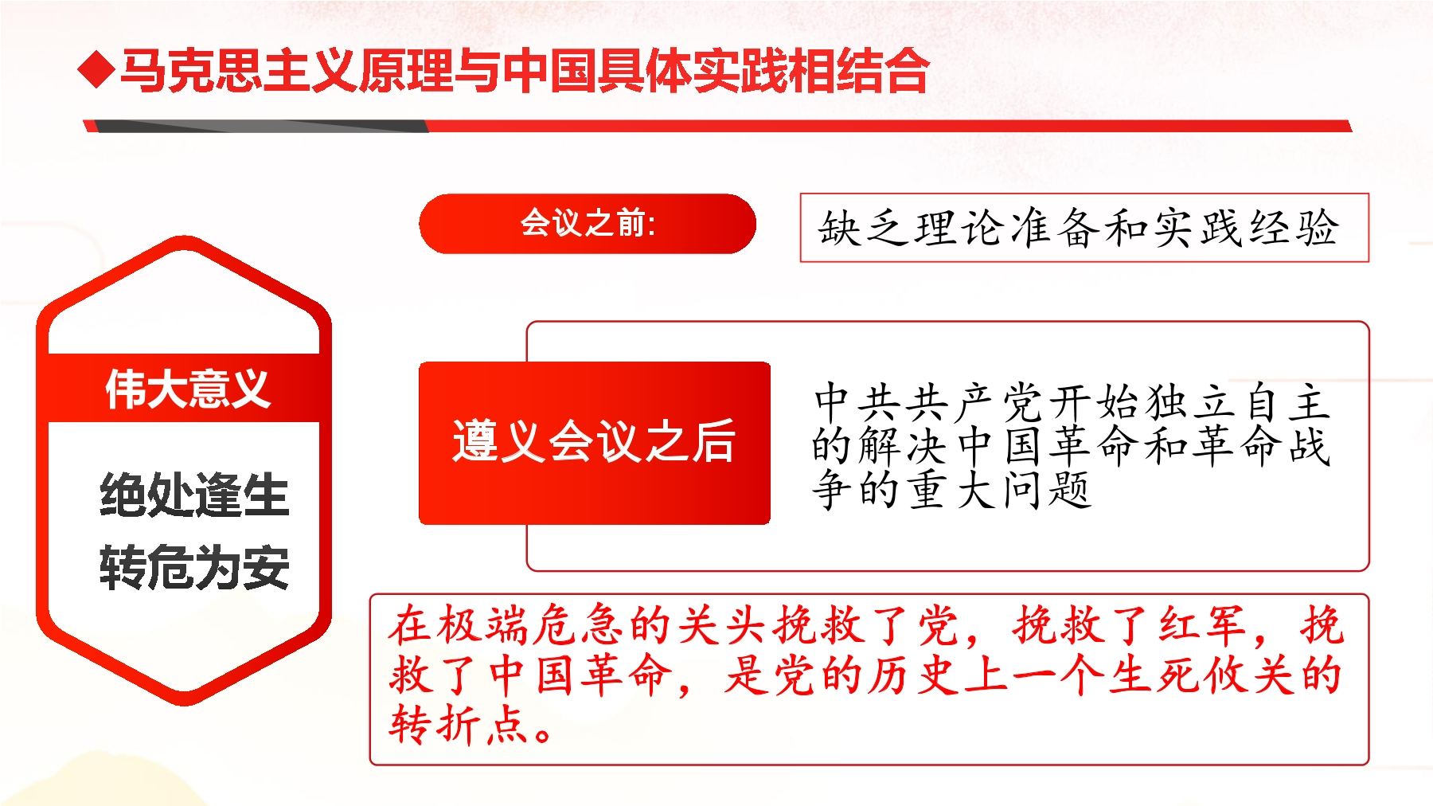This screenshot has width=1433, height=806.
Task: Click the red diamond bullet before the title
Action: tap(96, 69)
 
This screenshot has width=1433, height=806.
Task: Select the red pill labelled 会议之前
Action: tap(588, 224)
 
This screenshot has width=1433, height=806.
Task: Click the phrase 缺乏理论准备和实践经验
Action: tap(1079, 228)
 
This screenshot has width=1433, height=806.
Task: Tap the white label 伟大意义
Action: tap(188, 389)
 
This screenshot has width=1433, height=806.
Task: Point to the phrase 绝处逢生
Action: tap(194, 494)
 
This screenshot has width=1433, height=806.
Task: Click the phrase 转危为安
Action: tap(194, 567)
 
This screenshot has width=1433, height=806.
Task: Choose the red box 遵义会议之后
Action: tap(595, 443)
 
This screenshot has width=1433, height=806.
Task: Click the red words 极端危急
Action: tap(529, 625)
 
